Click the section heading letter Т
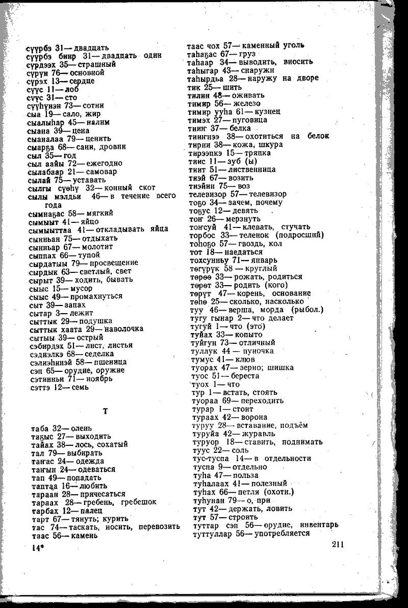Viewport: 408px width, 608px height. pyautogui.click(x=106, y=411)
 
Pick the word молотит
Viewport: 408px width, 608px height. pyautogui.click(x=95, y=246)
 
